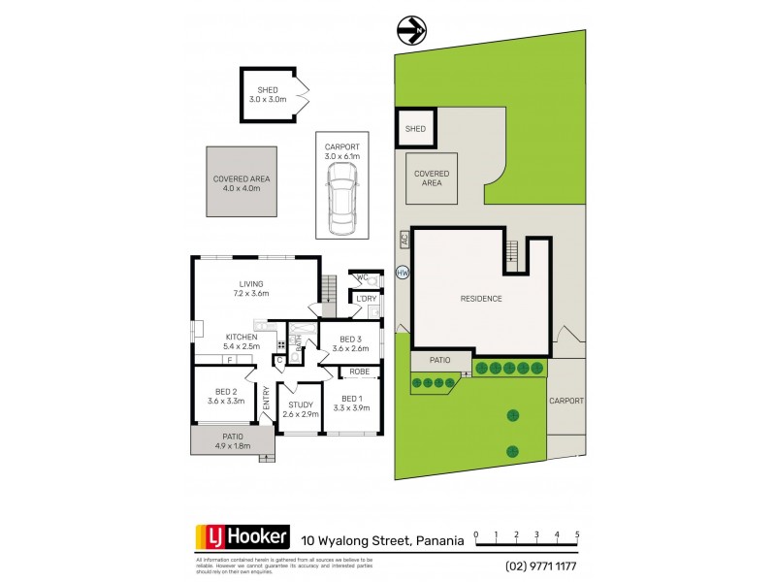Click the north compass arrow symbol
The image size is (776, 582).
tap(411, 31)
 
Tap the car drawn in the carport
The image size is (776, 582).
tap(341, 198)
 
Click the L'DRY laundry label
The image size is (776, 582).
tap(367, 298)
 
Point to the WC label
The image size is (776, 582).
tap(362, 278)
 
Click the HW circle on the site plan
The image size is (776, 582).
tap(404, 274)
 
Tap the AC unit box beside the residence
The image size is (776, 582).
tap(404, 238)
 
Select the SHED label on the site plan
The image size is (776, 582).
tap(415, 128)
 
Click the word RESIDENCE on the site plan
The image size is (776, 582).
tap(481, 298)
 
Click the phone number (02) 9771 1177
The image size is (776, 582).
tap(541, 565)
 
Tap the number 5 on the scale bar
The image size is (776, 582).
tap(577, 534)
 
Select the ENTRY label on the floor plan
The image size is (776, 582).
tap(267, 404)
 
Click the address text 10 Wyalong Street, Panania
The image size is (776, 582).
tap(382, 539)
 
